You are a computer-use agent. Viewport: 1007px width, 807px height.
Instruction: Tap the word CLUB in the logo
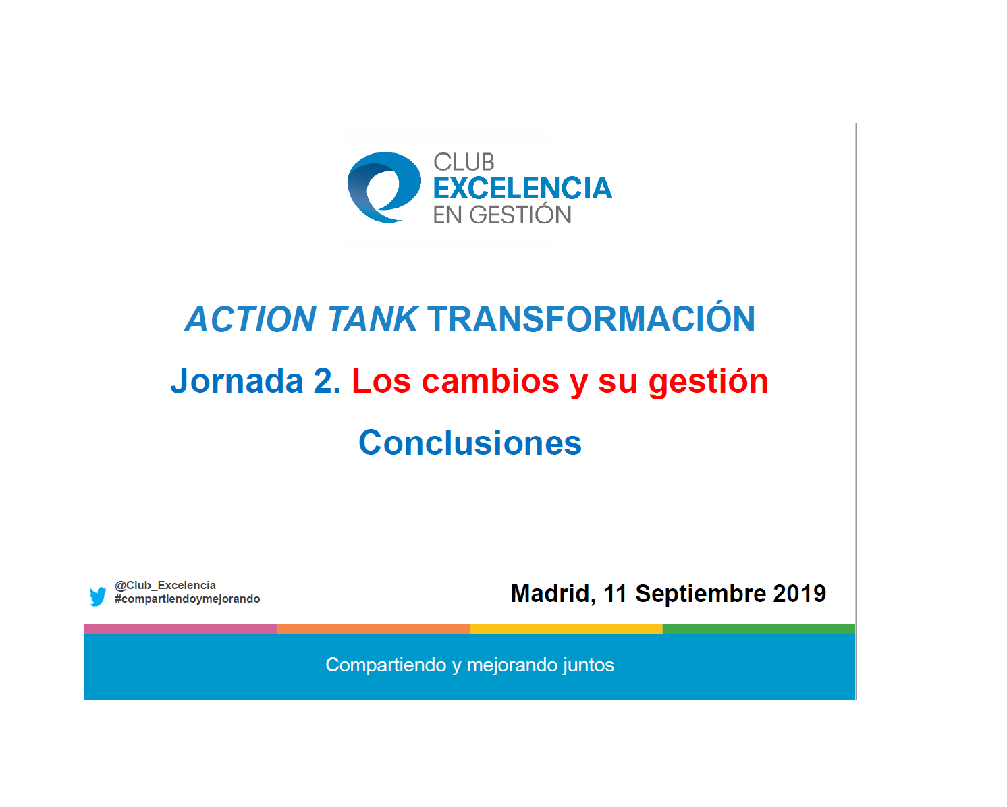click(x=464, y=163)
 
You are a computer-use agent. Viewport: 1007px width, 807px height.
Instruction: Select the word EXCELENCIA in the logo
click(x=522, y=188)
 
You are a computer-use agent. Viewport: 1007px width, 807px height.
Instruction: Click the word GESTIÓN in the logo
click(x=520, y=214)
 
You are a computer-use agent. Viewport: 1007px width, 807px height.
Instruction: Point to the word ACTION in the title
click(x=250, y=320)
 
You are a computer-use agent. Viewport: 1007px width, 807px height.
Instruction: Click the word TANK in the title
click(x=373, y=320)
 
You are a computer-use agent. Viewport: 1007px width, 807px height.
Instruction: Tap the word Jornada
click(x=237, y=381)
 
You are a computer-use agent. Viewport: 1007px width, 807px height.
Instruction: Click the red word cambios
click(x=491, y=381)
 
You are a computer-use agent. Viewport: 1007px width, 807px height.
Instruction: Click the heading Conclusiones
click(x=470, y=443)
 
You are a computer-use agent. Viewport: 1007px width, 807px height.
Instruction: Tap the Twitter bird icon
click(x=98, y=596)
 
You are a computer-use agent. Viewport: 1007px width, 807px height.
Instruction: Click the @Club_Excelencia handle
click(x=165, y=585)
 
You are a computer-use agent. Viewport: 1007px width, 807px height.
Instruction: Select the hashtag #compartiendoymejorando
click(x=187, y=599)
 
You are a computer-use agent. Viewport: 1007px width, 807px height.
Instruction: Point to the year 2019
click(x=799, y=594)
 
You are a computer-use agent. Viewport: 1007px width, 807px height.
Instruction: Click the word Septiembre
click(x=701, y=594)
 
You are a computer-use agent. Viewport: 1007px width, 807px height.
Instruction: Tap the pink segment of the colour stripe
click(x=181, y=628)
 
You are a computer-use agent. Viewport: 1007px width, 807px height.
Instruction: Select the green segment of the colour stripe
click(x=759, y=628)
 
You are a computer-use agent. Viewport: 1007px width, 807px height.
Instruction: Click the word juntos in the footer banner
click(x=588, y=665)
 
